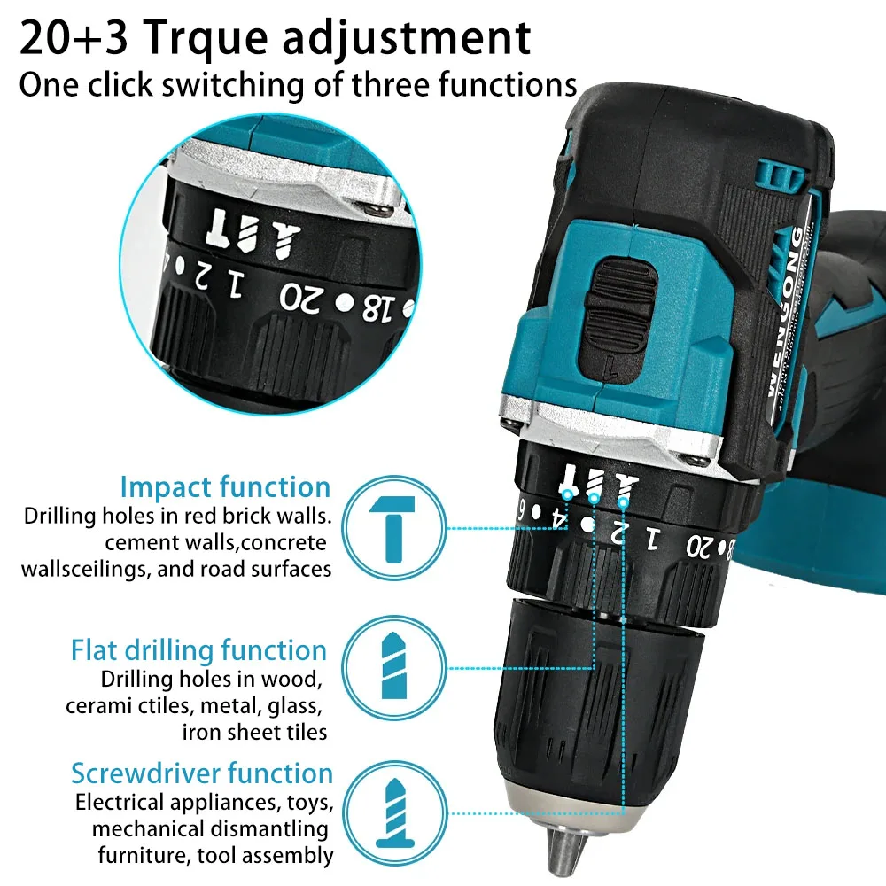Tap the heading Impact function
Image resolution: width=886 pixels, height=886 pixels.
225,486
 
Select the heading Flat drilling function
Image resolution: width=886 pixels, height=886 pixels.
198,650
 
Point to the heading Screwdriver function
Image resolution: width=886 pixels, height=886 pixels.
202,773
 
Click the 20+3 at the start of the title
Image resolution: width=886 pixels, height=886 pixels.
75,37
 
